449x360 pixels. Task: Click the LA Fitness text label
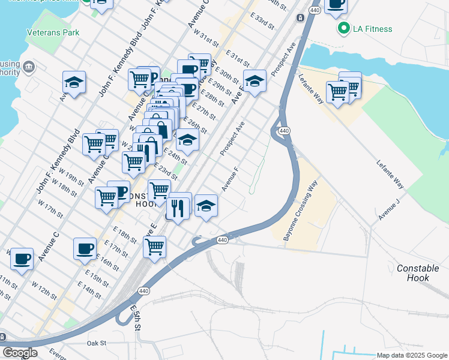click(x=373, y=29)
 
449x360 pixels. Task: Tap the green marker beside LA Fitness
click(x=344, y=28)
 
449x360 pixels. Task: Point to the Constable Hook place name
click(x=418, y=273)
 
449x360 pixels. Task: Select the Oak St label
click(x=96, y=343)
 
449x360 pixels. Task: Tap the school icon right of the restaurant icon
click(x=206, y=206)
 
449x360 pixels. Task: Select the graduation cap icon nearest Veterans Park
click(x=74, y=83)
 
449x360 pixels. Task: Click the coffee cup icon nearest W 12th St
click(x=22, y=259)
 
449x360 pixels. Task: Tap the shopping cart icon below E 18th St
click(x=155, y=246)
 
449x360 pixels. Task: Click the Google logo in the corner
click(x=20, y=353)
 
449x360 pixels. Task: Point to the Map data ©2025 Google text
click(x=411, y=355)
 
